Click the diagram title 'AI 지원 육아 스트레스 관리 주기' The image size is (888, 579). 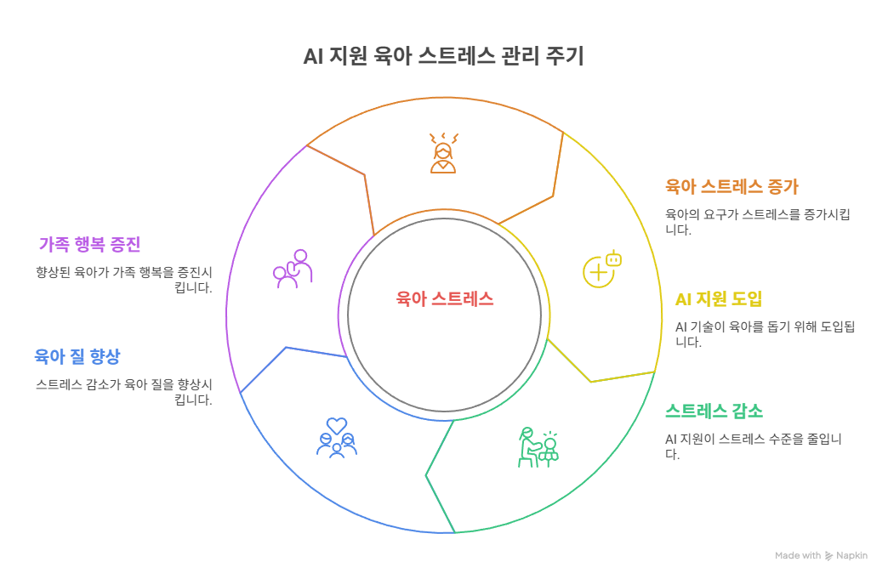444,58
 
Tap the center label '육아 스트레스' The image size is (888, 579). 444,298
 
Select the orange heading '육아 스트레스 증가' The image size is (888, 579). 731,186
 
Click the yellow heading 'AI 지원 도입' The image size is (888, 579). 718,298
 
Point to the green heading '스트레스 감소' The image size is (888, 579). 714,412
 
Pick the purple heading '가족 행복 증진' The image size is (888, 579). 89,244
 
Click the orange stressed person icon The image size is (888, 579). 443,153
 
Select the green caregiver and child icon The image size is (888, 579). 538,447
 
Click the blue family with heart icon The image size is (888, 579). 337,437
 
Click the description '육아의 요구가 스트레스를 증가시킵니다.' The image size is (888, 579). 757,222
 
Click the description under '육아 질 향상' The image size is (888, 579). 124,391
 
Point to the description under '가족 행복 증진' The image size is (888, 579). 124,280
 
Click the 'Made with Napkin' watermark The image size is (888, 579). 821,555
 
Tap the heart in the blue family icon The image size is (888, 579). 337,423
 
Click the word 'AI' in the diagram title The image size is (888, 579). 312,58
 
